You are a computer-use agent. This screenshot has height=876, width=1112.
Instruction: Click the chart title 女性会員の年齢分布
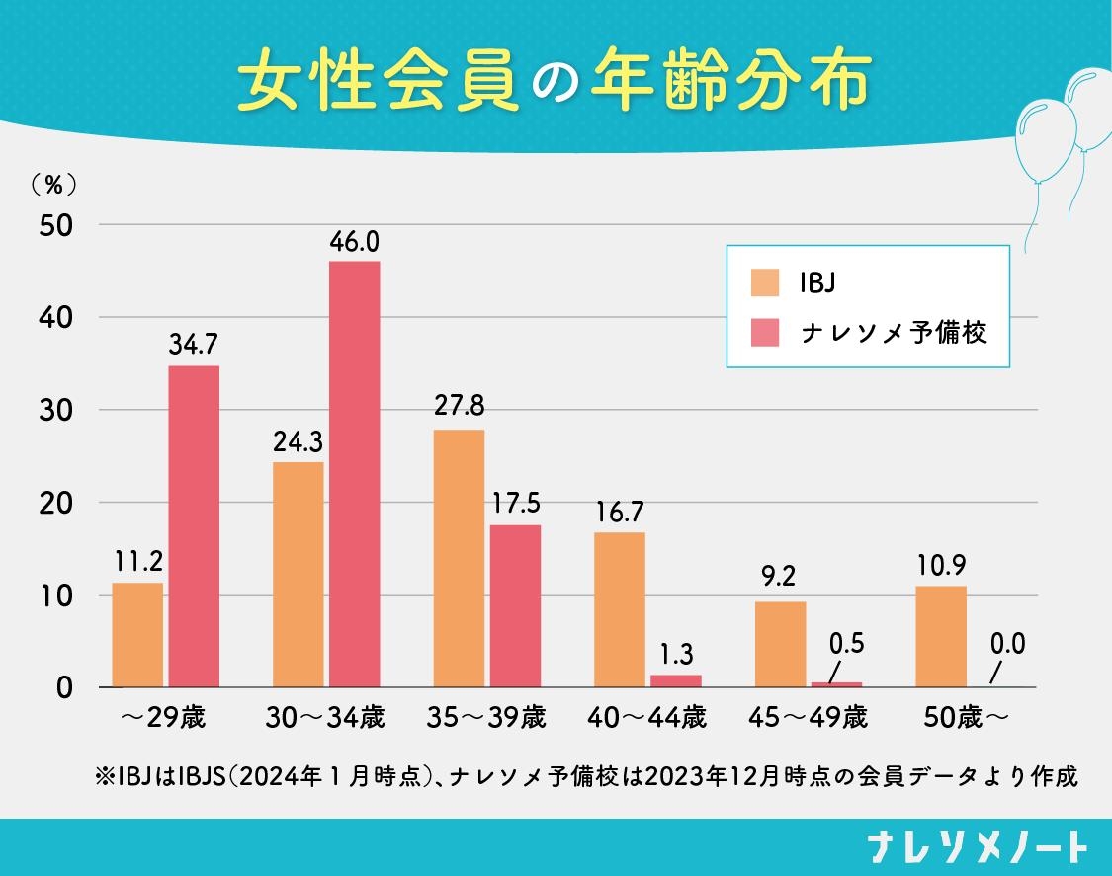pyautogui.click(x=555, y=81)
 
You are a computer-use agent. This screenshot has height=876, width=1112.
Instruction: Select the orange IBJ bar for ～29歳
pyautogui.click(x=137, y=635)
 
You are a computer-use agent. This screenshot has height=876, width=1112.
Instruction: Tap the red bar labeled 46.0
pyautogui.click(x=354, y=474)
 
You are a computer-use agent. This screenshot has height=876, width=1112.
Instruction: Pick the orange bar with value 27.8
pyautogui.click(x=459, y=558)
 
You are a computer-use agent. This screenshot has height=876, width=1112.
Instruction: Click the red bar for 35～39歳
pyautogui.click(x=515, y=605)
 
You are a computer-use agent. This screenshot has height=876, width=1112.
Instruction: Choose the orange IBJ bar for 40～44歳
pyautogui.click(x=619, y=609)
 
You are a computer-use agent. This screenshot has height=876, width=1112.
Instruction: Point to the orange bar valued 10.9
pyautogui.click(x=941, y=636)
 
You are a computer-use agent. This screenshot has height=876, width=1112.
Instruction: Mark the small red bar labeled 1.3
pyautogui.click(x=676, y=680)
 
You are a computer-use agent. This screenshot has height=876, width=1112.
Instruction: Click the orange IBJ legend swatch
pyautogui.click(x=766, y=281)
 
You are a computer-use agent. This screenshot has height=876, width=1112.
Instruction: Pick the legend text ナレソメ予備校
pyautogui.click(x=895, y=332)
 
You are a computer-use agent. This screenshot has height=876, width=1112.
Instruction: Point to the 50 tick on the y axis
pyautogui.click(x=56, y=225)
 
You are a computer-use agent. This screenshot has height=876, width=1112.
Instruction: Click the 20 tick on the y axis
pyautogui.click(x=56, y=503)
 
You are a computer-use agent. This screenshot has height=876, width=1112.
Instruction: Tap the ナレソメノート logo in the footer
pyautogui.click(x=978, y=847)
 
